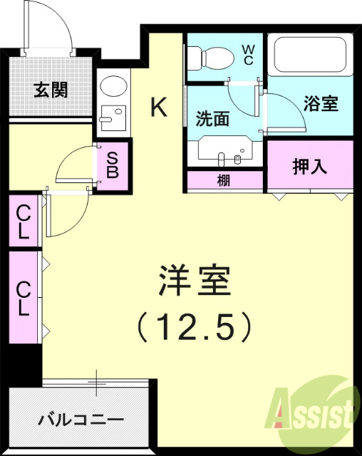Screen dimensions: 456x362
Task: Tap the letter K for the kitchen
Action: pyautogui.click(x=159, y=108)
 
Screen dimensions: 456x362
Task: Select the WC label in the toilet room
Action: pyautogui.click(x=249, y=54)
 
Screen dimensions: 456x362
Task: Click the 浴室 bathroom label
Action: pyautogui.click(x=320, y=104)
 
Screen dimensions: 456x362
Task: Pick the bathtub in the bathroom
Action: pyautogui.click(x=309, y=54)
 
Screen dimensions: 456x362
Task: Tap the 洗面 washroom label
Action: pyautogui.click(x=212, y=119)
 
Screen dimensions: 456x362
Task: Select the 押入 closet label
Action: pyautogui.click(x=310, y=167)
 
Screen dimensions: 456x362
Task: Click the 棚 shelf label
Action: pyautogui.click(x=224, y=181)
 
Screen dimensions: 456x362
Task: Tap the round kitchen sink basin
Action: pyautogui.click(x=111, y=88)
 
